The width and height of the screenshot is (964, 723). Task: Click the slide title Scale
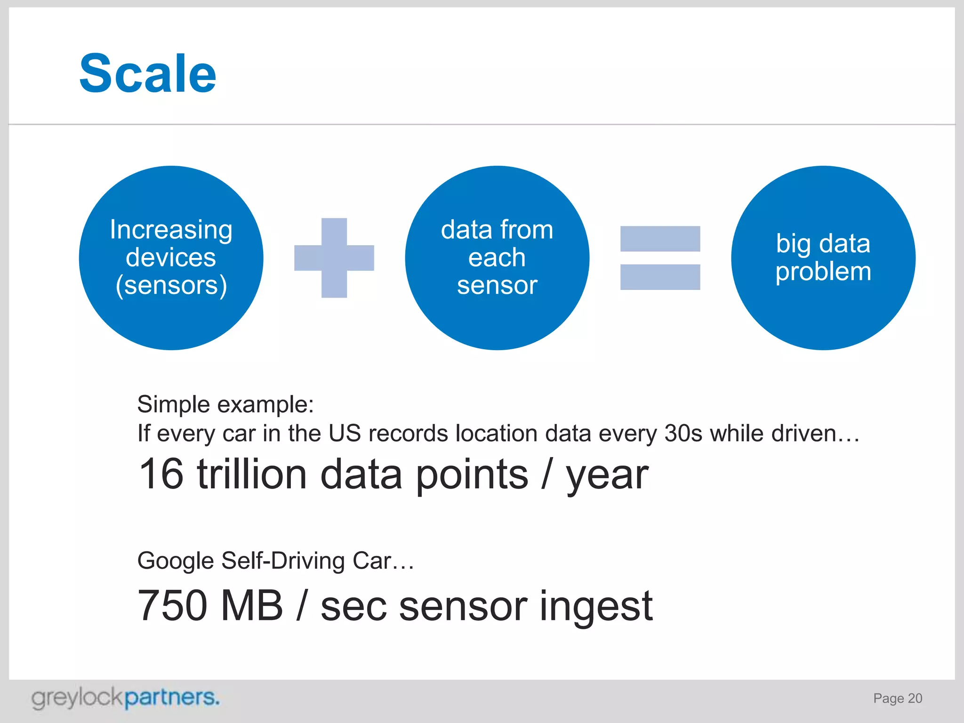pyautogui.click(x=148, y=74)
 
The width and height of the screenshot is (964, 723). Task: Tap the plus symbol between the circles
pyautogui.click(x=334, y=258)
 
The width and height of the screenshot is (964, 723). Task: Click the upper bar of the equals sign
pyautogui.click(x=660, y=239)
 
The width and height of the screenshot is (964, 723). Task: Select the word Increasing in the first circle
pyautogui.click(x=171, y=230)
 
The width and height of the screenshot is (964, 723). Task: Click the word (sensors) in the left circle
pyautogui.click(x=171, y=285)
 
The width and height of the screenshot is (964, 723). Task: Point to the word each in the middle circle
pyautogui.click(x=497, y=257)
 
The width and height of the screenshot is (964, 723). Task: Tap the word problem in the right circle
pyautogui.click(x=823, y=272)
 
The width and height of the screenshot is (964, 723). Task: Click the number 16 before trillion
pyautogui.click(x=161, y=474)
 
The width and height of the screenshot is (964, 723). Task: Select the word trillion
pyautogui.click(x=252, y=474)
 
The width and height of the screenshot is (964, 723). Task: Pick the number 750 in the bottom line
pyautogui.click(x=172, y=606)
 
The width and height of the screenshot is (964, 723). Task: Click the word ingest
pyautogui.click(x=596, y=607)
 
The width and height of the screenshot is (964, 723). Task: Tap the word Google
pyautogui.click(x=176, y=561)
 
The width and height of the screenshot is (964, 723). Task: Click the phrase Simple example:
pyautogui.click(x=225, y=404)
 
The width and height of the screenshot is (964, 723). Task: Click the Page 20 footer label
pyautogui.click(x=897, y=699)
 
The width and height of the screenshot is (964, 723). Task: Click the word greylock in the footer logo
pyautogui.click(x=78, y=698)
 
